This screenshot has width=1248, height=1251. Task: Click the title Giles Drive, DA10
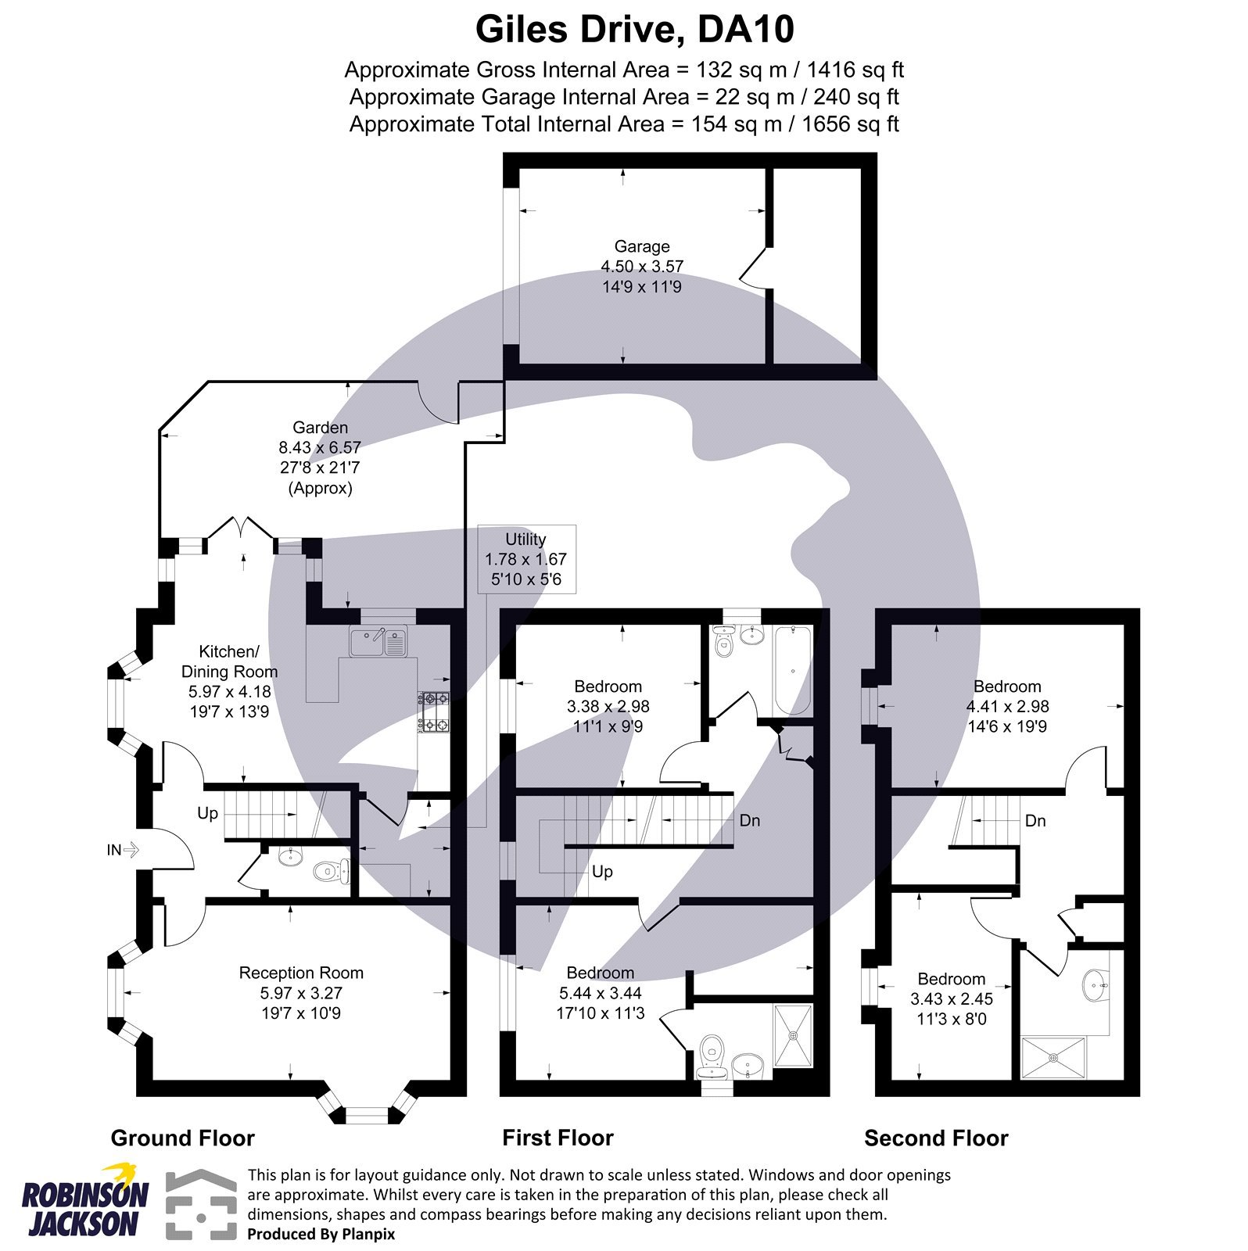click(x=634, y=30)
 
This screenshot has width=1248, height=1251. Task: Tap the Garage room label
click(x=641, y=246)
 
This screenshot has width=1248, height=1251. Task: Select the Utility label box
click(x=526, y=559)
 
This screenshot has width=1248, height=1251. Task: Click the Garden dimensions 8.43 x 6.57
click(x=320, y=448)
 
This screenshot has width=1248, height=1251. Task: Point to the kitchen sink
click(x=378, y=643)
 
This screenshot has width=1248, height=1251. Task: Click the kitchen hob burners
click(x=434, y=712)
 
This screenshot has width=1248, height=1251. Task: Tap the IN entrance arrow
click(x=124, y=849)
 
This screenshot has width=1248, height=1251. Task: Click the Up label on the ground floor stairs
click(x=207, y=813)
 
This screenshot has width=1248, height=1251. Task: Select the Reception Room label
click(x=301, y=973)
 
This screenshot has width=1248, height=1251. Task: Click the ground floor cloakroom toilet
click(x=327, y=870)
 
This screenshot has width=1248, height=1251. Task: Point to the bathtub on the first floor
click(x=792, y=671)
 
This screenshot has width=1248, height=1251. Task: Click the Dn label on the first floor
click(x=749, y=820)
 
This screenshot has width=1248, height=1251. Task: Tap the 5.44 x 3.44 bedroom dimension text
click(x=600, y=993)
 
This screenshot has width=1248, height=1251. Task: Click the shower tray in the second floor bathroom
click(x=1053, y=1058)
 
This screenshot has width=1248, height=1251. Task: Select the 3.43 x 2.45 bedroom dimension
click(x=951, y=998)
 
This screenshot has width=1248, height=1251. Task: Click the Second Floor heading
click(x=935, y=1138)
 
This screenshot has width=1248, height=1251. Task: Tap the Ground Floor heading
click(x=182, y=1138)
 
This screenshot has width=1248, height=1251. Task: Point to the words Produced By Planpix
click(x=321, y=1235)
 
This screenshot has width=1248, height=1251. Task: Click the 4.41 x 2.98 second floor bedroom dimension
click(x=1007, y=706)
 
